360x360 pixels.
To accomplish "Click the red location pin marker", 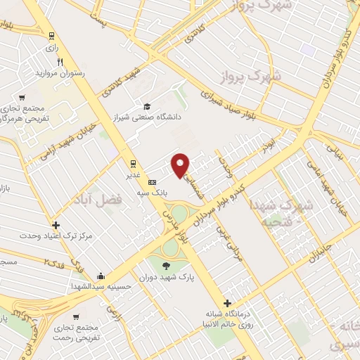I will tap(181, 164).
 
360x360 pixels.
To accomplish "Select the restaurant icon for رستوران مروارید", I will tap(61, 62).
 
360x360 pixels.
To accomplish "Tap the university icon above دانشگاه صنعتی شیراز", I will tap(146, 105).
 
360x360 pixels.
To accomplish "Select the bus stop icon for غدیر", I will tap(134, 164).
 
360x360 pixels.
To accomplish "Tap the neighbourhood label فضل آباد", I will tap(97, 200).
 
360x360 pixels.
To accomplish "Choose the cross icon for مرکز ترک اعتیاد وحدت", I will tap(56, 226).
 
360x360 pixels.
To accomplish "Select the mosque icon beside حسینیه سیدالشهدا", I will tap(102, 276).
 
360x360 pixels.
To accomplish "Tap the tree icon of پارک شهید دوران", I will tap(167, 265).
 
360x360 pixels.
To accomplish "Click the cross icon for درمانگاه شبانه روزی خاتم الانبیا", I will tap(226, 303).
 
